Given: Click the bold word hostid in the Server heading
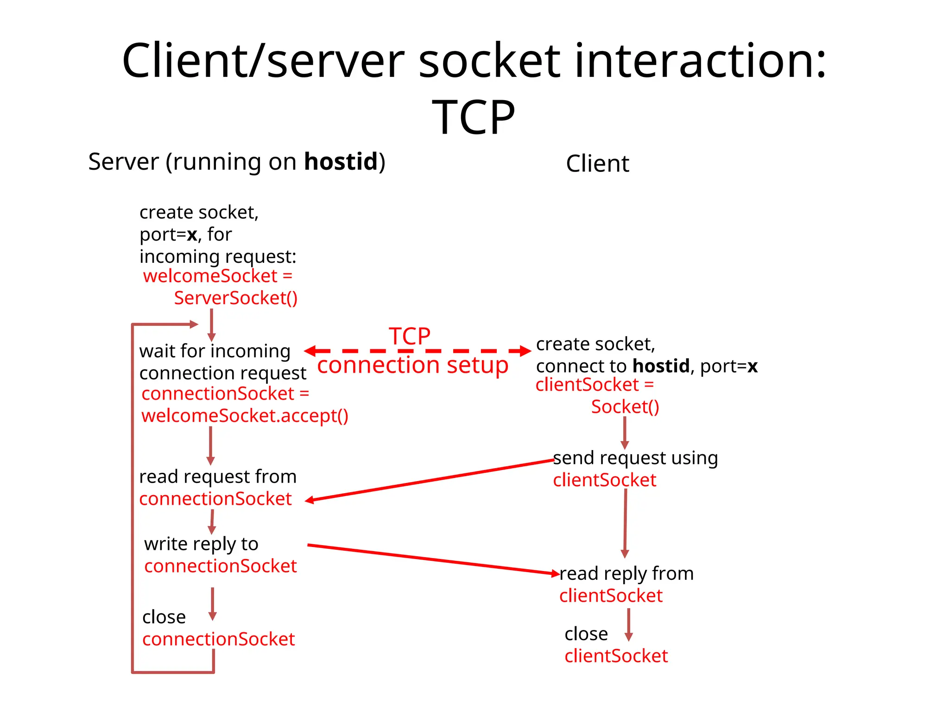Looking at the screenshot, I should pyautogui.click(x=341, y=162).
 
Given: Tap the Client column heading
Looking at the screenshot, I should pyautogui.click(x=597, y=164).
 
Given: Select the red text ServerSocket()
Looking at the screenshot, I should pyautogui.click(x=235, y=298).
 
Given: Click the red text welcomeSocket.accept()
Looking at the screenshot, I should pyautogui.click(x=245, y=416).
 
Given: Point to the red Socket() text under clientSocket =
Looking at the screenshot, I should pyautogui.click(x=625, y=407).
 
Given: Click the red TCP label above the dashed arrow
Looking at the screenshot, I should pyautogui.click(x=409, y=336).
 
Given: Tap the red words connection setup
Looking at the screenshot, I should pyautogui.click(x=412, y=365).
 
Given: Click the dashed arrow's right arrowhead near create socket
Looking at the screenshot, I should pyautogui.click(x=525, y=351).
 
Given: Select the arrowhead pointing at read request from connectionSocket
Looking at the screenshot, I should pyautogui.click(x=310, y=500).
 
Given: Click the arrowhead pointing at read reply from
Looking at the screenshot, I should pyautogui.click(x=555, y=573).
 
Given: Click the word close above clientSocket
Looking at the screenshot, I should pyautogui.click(x=586, y=634).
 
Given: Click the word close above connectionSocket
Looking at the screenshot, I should pyautogui.click(x=164, y=617).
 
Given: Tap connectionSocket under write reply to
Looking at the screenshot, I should pyautogui.click(x=220, y=566).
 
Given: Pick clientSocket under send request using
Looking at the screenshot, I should pyautogui.click(x=604, y=480).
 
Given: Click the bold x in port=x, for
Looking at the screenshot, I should pyautogui.click(x=192, y=235).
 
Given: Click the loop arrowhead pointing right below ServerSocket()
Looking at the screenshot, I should pyautogui.click(x=194, y=324).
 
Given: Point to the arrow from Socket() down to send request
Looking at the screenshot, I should pyautogui.click(x=624, y=432).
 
